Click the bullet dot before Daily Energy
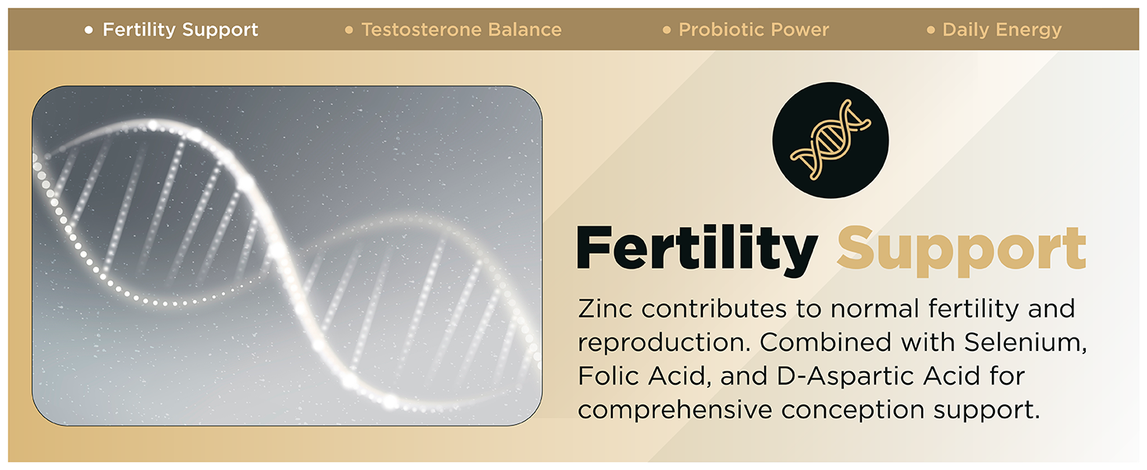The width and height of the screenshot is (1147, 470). (931, 31)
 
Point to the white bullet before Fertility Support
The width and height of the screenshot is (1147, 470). (89, 31)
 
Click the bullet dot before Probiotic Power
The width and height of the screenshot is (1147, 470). (667, 31)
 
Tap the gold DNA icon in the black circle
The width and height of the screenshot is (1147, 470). (830, 139)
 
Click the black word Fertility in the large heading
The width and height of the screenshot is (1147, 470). (697, 249)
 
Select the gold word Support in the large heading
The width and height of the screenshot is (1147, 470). (961, 251)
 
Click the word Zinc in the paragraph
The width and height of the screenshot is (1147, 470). (605, 309)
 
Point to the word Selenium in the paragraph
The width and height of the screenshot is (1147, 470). (1025, 342)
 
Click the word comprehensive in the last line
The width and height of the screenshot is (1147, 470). (675, 410)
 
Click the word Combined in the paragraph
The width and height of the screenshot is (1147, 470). (825, 342)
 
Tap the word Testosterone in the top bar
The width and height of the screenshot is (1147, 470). (422, 30)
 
